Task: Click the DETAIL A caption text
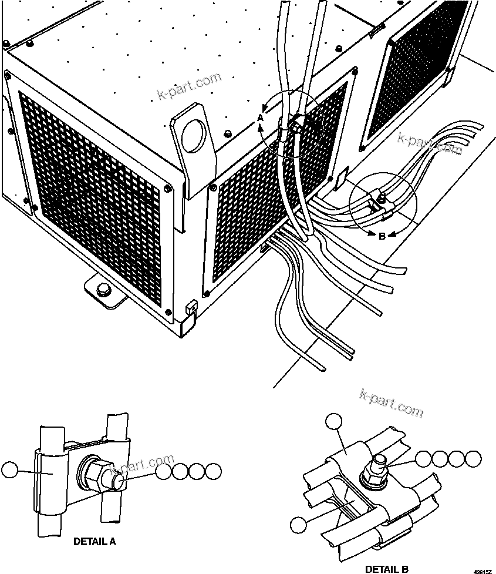click(95, 542)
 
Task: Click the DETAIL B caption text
click(387, 569)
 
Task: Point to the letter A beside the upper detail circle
click(261, 118)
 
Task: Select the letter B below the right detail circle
click(382, 236)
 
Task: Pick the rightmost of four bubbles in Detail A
click(214, 471)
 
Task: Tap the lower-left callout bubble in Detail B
click(299, 525)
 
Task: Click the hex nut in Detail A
click(95, 472)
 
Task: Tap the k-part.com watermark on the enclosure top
click(189, 86)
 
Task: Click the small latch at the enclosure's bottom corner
click(190, 307)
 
